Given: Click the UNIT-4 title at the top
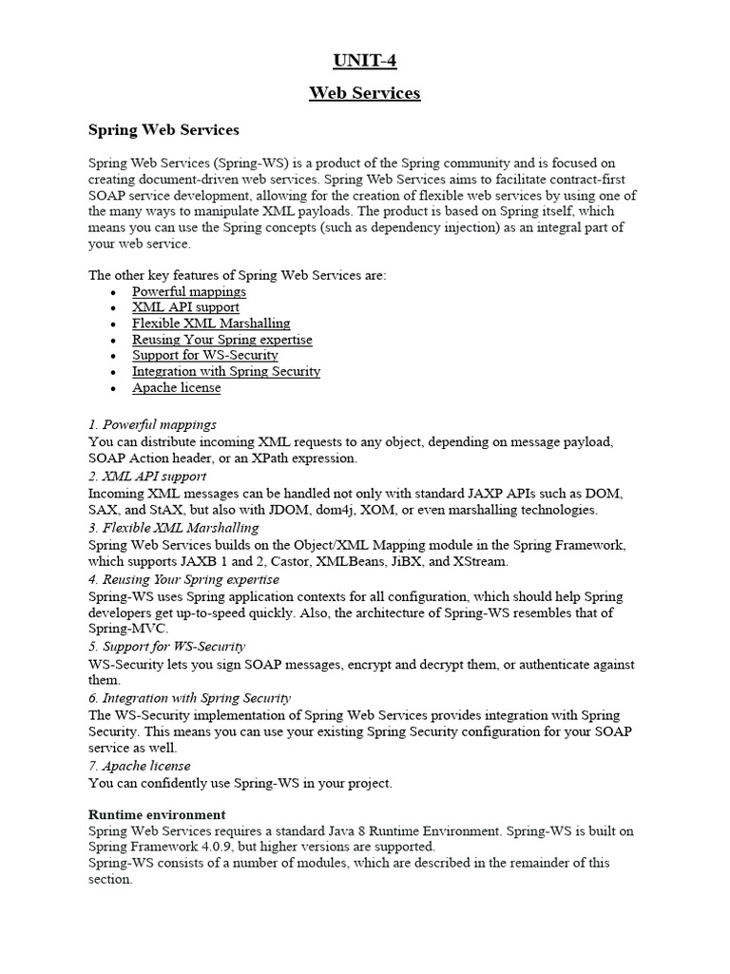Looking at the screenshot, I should coord(364,62).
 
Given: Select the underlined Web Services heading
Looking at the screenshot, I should coord(364,93).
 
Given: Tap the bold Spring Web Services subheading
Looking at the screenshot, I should coord(163,128).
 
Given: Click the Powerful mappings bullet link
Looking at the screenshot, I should coord(188,291).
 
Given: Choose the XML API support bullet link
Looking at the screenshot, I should coord(185,307).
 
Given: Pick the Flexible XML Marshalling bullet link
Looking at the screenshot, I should coord(211,323).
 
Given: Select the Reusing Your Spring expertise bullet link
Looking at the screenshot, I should coord(221,340).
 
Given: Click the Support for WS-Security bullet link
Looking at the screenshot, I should coord(204,356).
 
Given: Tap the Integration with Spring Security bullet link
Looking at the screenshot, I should coord(225,372).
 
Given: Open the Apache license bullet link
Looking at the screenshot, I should coord(176,388).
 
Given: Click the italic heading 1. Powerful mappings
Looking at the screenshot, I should coord(152,424).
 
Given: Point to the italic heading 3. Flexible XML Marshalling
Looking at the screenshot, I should coord(173,527).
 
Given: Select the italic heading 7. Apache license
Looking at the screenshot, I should coord(139,766).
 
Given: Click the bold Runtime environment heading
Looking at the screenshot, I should coord(157,814).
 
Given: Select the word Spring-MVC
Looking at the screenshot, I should coord(127,630).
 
